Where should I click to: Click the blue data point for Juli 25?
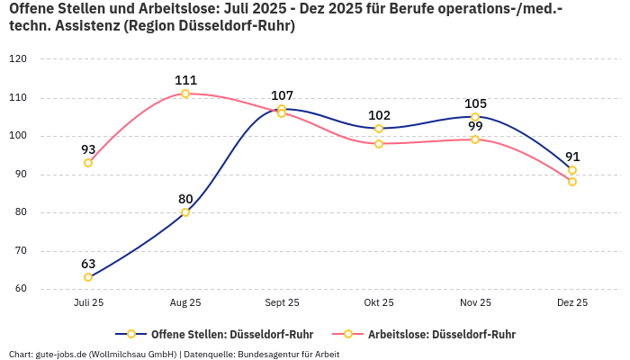point(88,277)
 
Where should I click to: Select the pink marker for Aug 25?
point(185,94)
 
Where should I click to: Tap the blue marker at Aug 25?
point(185,212)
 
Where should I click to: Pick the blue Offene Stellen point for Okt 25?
point(379,129)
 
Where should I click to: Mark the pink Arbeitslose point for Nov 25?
point(475,139)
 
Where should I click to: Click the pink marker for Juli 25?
point(88,163)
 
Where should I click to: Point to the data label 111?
point(185,80)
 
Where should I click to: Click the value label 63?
point(88,264)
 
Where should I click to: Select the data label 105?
point(475,103)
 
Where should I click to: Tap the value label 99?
point(475,126)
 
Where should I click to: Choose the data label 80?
point(185,199)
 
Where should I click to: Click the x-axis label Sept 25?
point(282,303)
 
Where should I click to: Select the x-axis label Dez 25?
point(572,303)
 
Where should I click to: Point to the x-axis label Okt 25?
point(379,303)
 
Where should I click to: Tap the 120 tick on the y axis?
point(18,59)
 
